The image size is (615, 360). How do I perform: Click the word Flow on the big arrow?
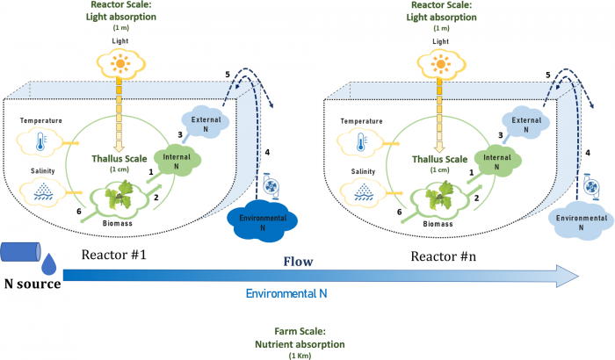300,262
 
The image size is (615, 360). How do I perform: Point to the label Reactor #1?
113,256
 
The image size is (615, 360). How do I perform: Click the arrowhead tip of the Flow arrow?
577,277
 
